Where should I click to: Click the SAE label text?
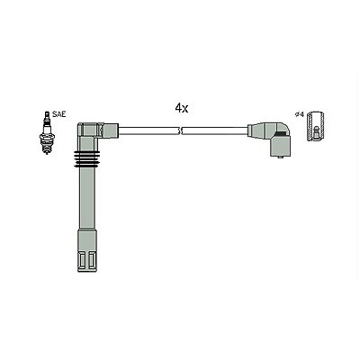(58, 114)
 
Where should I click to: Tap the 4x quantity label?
(182, 108)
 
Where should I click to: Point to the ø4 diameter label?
(300, 114)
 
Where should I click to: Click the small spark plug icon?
(47, 132)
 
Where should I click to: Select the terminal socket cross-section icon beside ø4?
(315, 125)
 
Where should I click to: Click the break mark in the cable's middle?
(181, 130)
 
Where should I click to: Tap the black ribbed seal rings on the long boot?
(86, 158)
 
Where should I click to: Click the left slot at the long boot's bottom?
(82, 260)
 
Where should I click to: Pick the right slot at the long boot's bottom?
(92, 260)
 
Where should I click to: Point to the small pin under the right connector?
(280, 157)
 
